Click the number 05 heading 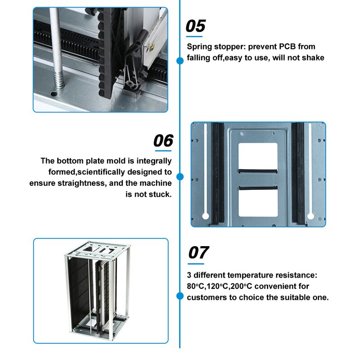196,26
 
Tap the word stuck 160,194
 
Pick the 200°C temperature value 247,286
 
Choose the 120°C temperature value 220,286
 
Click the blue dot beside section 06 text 180,177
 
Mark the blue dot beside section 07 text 180,296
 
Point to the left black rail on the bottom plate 215,173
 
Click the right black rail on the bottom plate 297,173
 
